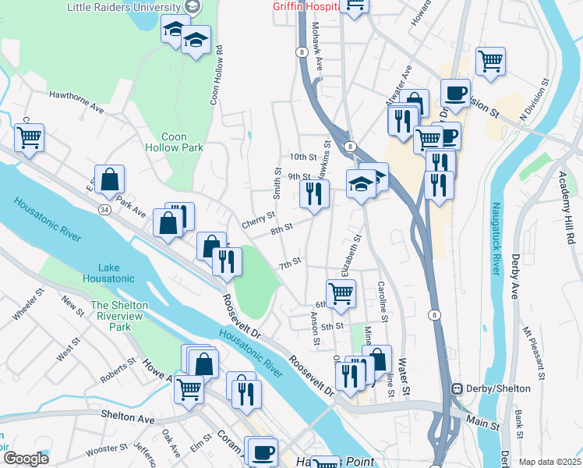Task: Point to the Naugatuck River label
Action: [x=495, y=239]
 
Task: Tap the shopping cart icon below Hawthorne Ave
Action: [x=29, y=137]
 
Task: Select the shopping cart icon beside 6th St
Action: [x=341, y=293]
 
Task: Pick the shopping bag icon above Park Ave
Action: [x=110, y=179]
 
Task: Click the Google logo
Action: [x=25, y=458]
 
